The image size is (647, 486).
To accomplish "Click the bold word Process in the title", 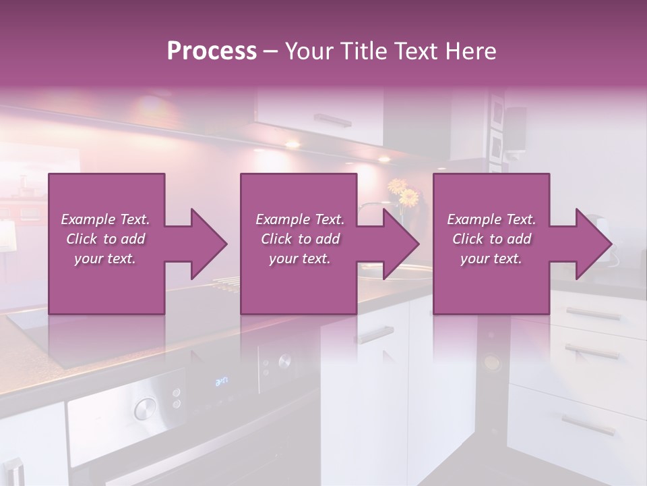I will click(212, 51).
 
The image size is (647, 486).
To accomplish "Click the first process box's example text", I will click(105, 239).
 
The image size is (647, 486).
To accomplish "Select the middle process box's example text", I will click(299, 239).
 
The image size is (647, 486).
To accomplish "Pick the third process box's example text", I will click(491, 239).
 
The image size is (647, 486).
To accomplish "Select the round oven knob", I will click(144, 408).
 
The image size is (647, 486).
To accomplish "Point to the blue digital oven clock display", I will click(221, 382).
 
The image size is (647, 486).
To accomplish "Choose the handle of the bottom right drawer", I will click(588, 425).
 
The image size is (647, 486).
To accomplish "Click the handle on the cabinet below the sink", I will click(375, 333).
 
